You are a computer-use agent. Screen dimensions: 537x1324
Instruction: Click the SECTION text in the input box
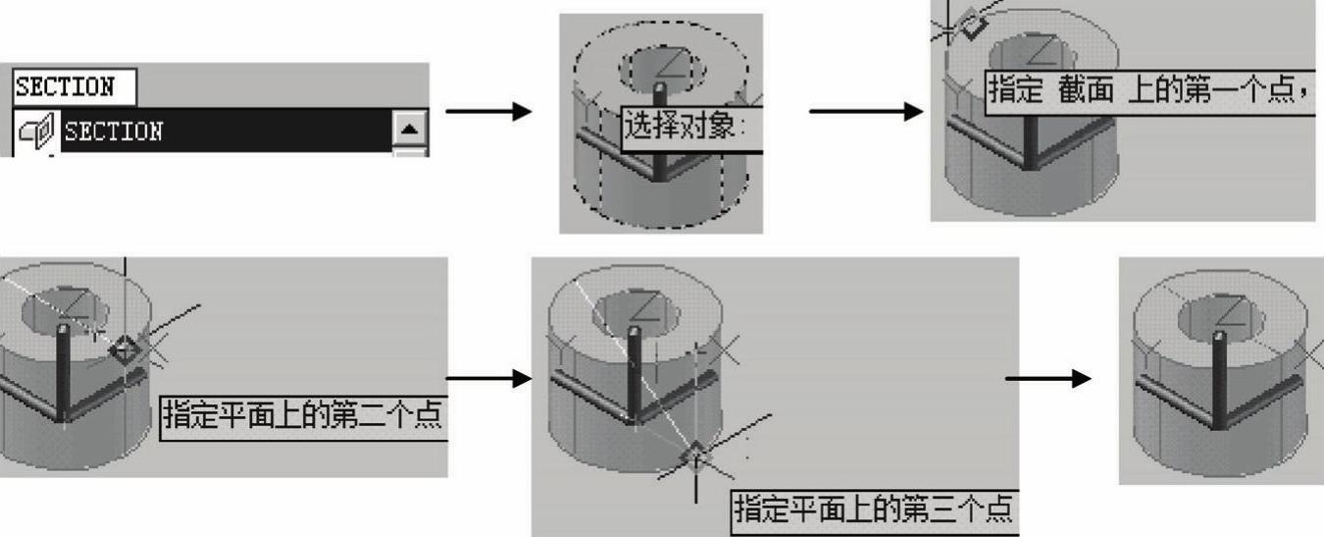(x=64, y=87)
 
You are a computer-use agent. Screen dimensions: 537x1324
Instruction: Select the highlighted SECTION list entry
(x=113, y=131)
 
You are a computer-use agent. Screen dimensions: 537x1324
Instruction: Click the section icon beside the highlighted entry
(x=35, y=131)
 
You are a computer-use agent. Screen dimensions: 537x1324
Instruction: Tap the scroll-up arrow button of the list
(x=410, y=128)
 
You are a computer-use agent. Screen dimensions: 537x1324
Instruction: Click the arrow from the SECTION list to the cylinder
(x=488, y=110)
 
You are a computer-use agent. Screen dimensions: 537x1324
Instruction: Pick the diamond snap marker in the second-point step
(x=125, y=349)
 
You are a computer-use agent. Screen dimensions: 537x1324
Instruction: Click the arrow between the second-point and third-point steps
(x=487, y=378)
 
